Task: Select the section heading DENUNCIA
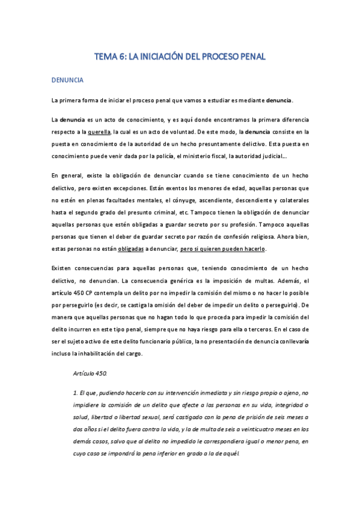tap(67, 79)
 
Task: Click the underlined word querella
tap(99, 132)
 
